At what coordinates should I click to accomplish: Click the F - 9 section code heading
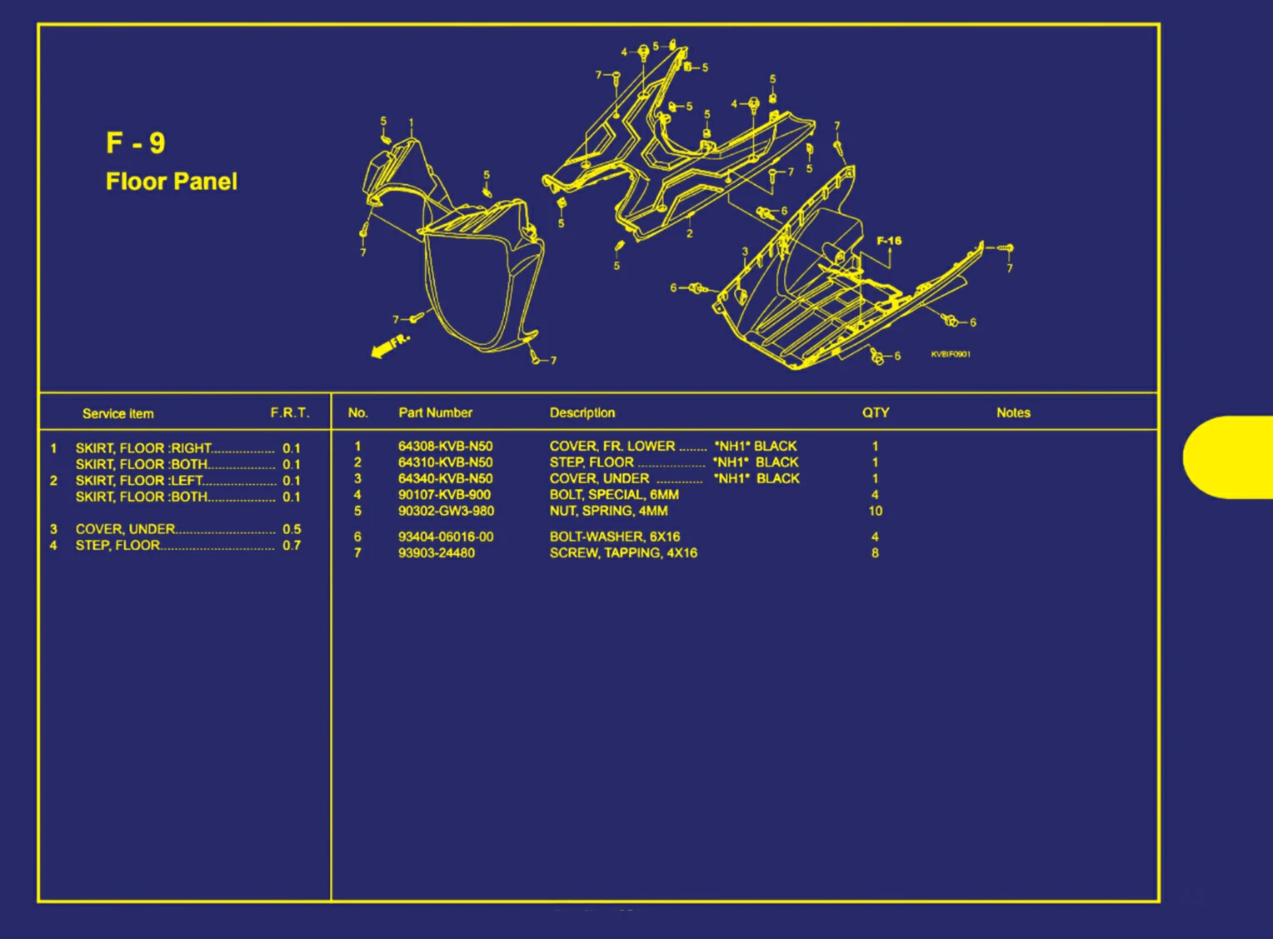(136, 142)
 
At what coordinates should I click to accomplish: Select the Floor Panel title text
(172, 182)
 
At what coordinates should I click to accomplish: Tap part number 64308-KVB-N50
(446, 447)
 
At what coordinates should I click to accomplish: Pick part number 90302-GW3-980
(446, 511)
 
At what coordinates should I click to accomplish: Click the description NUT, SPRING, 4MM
(609, 511)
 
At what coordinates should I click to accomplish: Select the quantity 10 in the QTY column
(875, 511)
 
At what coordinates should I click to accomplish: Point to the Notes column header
(1013, 412)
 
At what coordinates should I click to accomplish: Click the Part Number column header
(436, 412)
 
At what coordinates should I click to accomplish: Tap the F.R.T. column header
(290, 412)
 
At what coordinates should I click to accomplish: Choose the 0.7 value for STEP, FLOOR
(292, 546)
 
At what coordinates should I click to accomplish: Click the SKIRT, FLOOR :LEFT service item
(139, 481)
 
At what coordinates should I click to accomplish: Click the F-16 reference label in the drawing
(889, 241)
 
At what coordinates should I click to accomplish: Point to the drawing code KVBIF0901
(951, 354)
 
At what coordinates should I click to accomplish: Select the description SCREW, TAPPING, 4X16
(623, 553)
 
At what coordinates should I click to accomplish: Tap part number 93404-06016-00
(446, 537)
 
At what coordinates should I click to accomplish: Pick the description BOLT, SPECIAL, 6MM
(614, 495)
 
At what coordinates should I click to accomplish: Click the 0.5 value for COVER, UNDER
(292, 529)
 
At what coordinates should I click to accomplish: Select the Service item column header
(118, 414)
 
